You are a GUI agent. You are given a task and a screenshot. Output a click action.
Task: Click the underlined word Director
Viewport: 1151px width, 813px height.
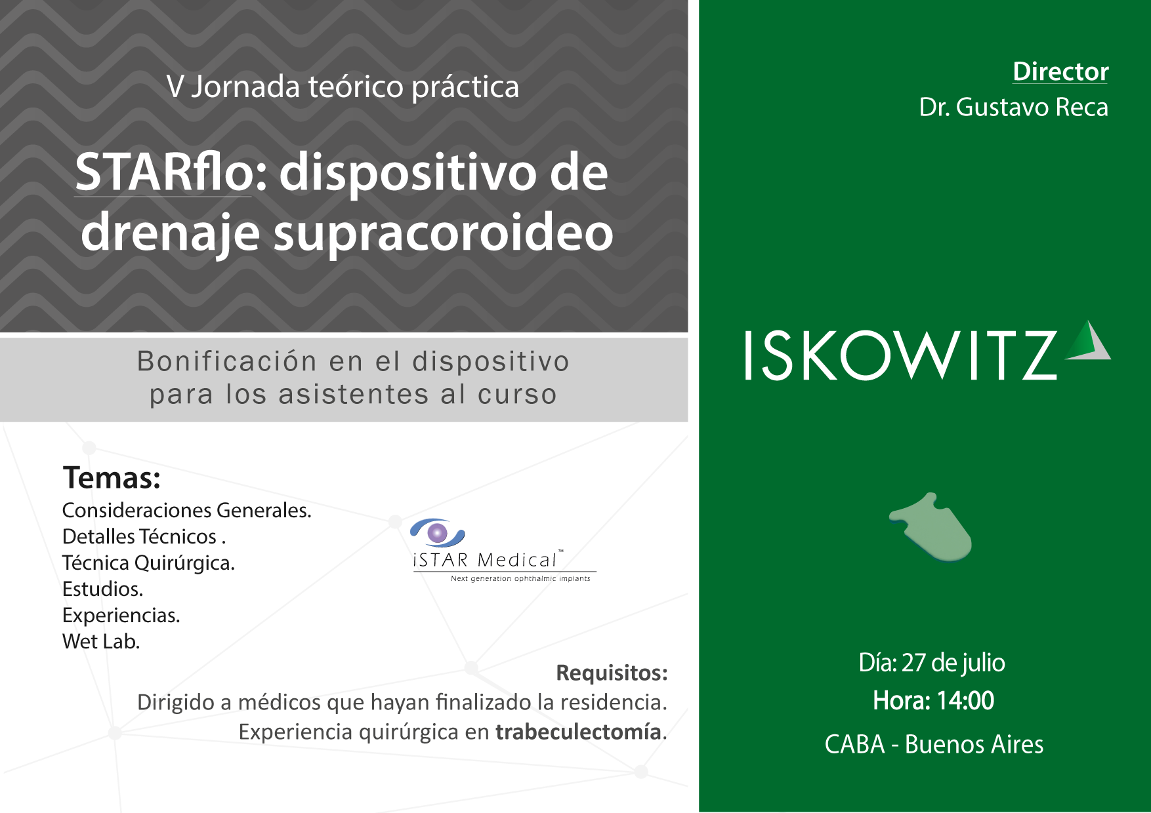(1060, 71)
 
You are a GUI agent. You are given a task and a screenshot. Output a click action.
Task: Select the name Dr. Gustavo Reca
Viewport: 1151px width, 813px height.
(1013, 107)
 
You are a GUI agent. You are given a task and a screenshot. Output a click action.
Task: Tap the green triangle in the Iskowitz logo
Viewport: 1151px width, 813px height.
(1087, 340)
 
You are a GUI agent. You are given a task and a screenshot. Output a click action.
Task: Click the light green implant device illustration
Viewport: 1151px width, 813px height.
(931, 527)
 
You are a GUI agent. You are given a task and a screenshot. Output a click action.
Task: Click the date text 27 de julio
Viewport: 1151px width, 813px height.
(953, 664)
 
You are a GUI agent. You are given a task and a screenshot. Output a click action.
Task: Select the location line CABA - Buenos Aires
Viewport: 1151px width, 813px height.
(934, 744)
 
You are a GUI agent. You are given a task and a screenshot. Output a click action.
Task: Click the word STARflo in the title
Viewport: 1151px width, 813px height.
(164, 172)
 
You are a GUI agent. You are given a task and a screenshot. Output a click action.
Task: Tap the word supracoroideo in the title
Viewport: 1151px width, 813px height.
(443, 234)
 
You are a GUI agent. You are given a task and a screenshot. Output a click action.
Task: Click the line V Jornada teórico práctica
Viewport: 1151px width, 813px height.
(343, 87)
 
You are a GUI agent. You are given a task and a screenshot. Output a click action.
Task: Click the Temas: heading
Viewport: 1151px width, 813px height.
(112, 477)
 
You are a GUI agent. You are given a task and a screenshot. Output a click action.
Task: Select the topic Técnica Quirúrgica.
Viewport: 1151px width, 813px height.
(148, 563)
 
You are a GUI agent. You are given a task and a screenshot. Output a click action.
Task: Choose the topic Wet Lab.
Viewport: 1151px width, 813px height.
(101, 641)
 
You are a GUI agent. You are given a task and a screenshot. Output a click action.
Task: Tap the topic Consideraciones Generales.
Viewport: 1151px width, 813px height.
(187, 510)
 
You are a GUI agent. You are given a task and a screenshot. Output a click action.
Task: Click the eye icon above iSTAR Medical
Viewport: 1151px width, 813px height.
(438, 532)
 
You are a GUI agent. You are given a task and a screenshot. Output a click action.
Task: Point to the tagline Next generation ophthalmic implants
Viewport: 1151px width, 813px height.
(520, 578)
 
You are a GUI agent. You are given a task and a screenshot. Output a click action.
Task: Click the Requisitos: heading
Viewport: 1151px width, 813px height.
(612, 673)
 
